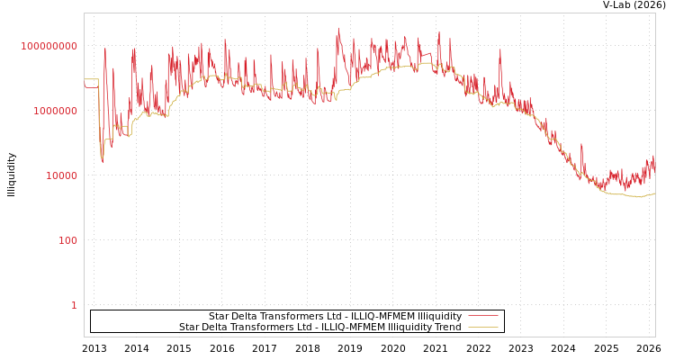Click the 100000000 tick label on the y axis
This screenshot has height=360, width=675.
[x=49, y=46]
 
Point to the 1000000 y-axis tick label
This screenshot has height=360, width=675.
[x=56, y=111]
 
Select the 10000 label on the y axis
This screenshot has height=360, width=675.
[x=61, y=175]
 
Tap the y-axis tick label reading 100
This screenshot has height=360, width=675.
[x=67, y=240]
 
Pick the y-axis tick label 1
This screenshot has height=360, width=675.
[x=74, y=305]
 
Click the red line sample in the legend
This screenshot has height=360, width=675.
[x=482, y=317]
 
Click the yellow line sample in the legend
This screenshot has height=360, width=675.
[x=482, y=328]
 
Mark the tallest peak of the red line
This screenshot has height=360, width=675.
[x=339, y=28]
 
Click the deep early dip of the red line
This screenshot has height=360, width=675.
[x=102, y=161]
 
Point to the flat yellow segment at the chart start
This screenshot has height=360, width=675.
[x=91, y=79]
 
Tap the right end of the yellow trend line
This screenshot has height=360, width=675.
[x=654, y=193]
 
